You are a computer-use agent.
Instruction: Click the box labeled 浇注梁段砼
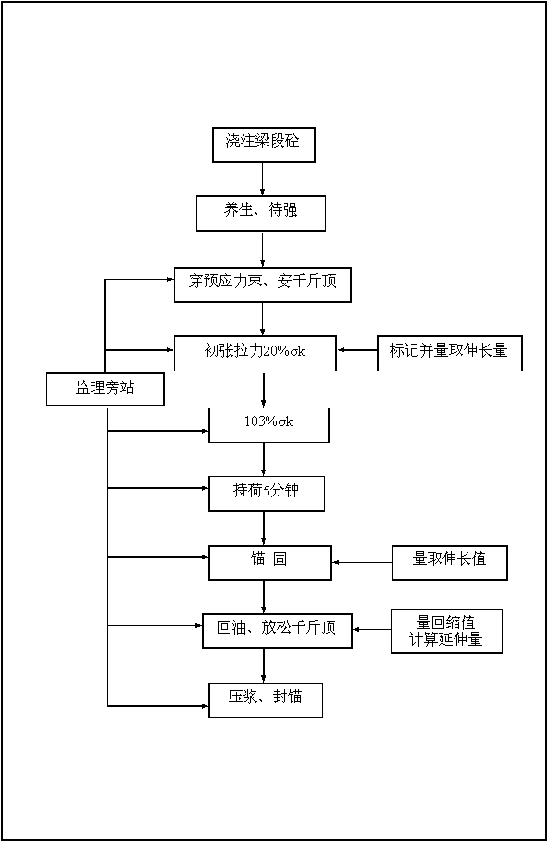point(264,145)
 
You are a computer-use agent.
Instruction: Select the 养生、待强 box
point(261,213)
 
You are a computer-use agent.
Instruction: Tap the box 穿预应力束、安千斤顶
point(263,284)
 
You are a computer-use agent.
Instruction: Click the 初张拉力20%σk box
point(255,353)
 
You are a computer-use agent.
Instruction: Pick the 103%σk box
point(268,425)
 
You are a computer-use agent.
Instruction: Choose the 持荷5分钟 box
point(267,494)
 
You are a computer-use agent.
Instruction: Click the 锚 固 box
point(270,563)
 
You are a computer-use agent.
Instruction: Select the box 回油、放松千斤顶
point(277,631)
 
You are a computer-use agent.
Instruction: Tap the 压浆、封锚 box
point(266,699)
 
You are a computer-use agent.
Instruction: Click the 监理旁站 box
point(106,389)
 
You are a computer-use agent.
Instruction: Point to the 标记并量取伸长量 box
point(450,353)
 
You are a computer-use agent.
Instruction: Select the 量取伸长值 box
point(450,562)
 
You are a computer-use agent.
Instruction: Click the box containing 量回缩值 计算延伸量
point(446,631)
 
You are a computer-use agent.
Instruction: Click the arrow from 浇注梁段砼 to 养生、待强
point(263,180)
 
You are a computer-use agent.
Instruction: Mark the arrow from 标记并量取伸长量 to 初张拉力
point(357,350)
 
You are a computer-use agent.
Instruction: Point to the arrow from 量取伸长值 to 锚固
point(362,563)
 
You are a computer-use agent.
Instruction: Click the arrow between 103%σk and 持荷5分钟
point(264,459)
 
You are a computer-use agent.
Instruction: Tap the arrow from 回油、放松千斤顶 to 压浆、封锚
point(264,666)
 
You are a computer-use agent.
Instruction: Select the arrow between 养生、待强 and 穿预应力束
point(263,249)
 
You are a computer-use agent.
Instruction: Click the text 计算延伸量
point(446,639)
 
